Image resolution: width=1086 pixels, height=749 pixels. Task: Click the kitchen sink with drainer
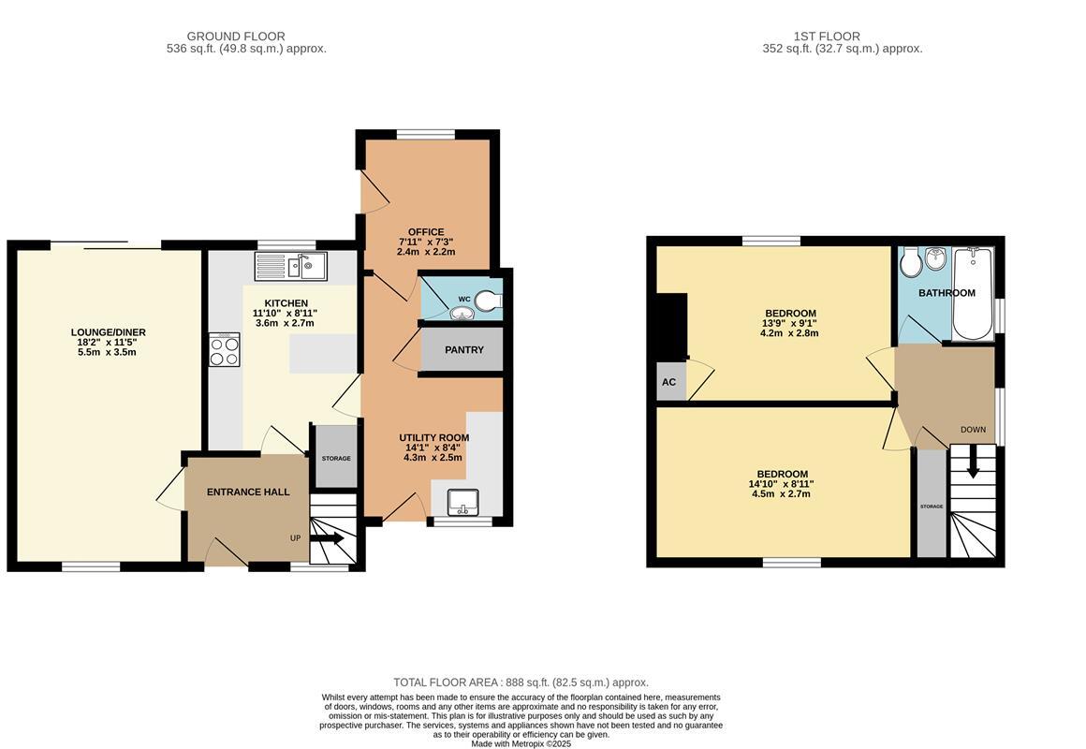(291, 266)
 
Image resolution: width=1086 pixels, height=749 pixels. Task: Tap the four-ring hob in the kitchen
(225, 349)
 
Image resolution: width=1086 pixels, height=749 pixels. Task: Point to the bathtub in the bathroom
(973, 294)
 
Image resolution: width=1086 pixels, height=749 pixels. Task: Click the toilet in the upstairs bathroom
(910, 261)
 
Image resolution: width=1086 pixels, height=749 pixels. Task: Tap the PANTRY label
(464, 350)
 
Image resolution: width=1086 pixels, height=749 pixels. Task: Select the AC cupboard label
(669, 382)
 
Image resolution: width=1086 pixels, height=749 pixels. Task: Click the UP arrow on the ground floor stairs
(328, 538)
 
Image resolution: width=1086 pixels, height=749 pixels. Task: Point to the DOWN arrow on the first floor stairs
(973, 463)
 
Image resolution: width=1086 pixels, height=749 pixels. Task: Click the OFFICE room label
(426, 232)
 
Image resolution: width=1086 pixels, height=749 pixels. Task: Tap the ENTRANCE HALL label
(248, 492)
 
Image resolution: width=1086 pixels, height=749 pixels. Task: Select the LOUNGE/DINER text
(108, 332)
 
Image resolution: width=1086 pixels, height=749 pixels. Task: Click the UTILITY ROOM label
(434, 438)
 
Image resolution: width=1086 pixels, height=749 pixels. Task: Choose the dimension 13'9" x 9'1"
(789, 323)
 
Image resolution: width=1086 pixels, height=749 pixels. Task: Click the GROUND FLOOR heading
(236, 36)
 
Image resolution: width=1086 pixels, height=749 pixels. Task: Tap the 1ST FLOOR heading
(827, 36)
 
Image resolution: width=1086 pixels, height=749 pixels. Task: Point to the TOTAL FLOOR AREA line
(521, 683)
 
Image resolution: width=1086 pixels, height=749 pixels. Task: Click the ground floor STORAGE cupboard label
(336, 459)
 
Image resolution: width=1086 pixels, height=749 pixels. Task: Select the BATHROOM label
(947, 293)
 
